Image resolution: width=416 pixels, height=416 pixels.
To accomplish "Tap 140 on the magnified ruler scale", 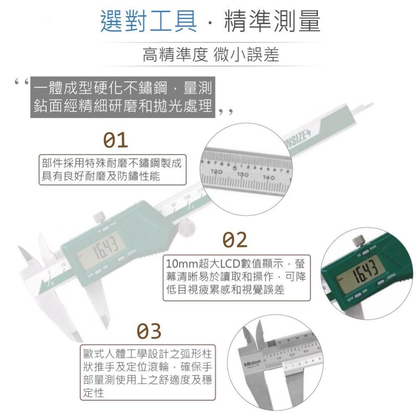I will pos(268,178).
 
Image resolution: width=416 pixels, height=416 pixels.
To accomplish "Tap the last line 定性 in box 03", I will pos(94,392).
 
